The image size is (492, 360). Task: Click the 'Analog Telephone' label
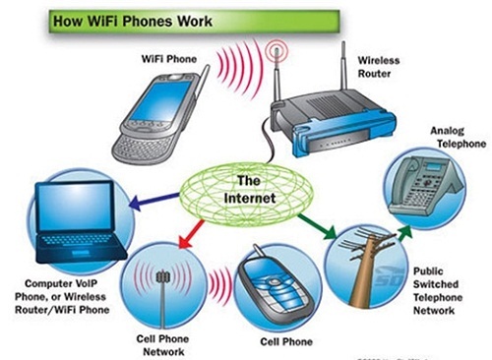point(458,137)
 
